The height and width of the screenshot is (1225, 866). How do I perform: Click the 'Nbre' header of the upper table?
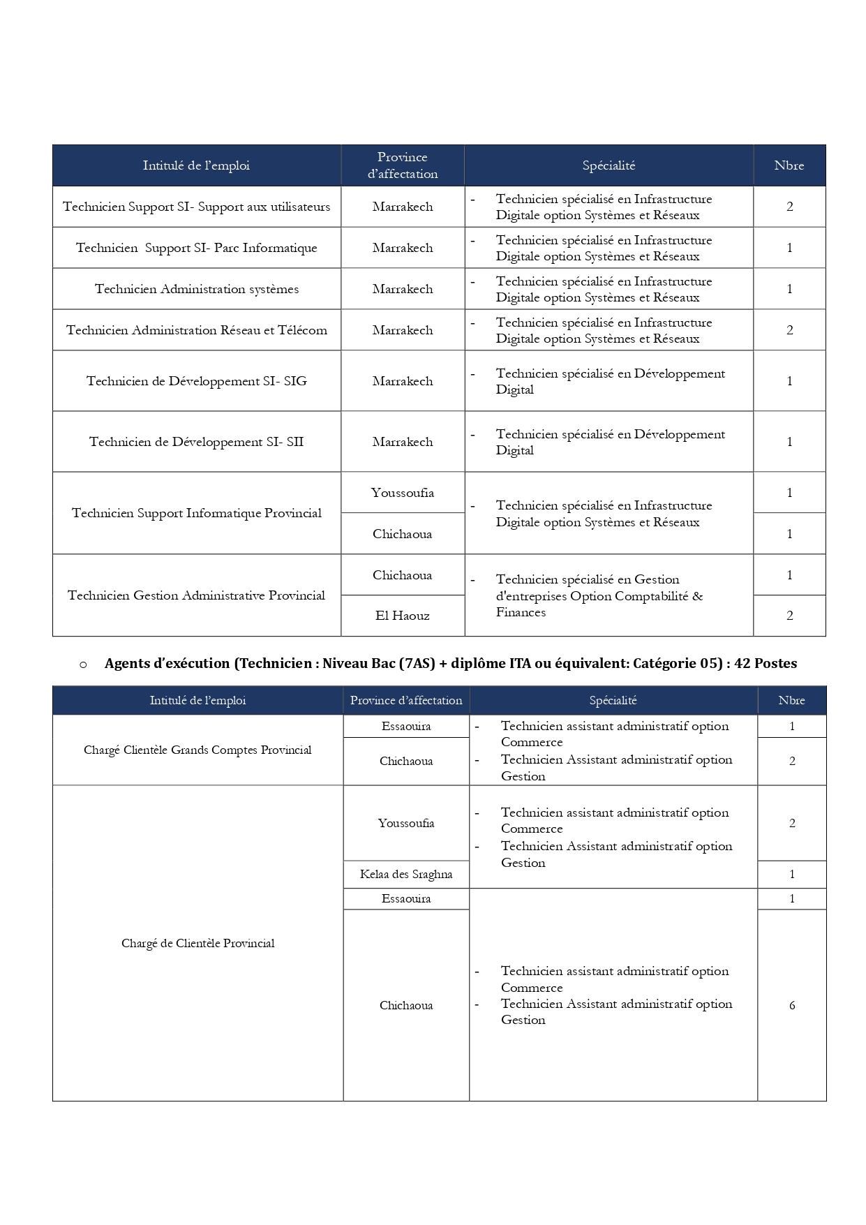pyautogui.click(x=789, y=165)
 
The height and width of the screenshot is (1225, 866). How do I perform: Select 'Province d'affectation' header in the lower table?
pyautogui.click(x=406, y=700)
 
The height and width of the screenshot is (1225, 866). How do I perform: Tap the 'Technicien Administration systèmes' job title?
pyautogui.click(x=197, y=289)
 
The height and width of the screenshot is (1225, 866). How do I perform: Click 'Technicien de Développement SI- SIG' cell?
pyautogui.click(x=197, y=381)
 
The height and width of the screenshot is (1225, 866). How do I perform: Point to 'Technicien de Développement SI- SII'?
pyautogui.click(x=197, y=442)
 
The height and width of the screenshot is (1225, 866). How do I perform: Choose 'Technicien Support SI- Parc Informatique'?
pyautogui.click(x=197, y=248)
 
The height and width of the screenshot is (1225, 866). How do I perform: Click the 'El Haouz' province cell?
pyautogui.click(x=403, y=616)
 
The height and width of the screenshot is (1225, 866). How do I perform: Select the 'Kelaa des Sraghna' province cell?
pyautogui.click(x=406, y=874)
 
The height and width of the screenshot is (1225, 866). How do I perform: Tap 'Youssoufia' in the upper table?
pyautogui.click(x=403, y=493)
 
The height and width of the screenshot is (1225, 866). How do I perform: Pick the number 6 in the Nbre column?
pyautogui.click(x=792, y=1005)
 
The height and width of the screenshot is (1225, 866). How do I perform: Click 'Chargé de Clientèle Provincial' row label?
pyautogui.click(x=197, y=943)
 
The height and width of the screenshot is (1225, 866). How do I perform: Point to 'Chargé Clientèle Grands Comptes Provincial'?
pyautogui.click(x=197, y=750)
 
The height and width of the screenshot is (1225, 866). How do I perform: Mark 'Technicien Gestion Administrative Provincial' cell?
pyautogui.click(x=197, y=595)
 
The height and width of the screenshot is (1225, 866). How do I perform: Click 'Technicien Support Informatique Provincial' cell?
pyautogui.click(x=197, y=513)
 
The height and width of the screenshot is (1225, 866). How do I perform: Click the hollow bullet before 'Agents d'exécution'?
pyautogui.click(x=83, y=664)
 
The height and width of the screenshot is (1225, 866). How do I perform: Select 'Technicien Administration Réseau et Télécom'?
pyautogui.click(x=197, y=330)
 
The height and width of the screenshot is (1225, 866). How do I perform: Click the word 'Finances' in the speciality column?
pyautogui.click(x=521, y=612)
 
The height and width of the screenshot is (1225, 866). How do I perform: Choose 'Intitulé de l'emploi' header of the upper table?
pyautogui.click(x=196, y=165)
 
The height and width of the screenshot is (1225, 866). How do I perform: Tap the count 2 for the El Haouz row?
pyautogui.click(x=790, y=616)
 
